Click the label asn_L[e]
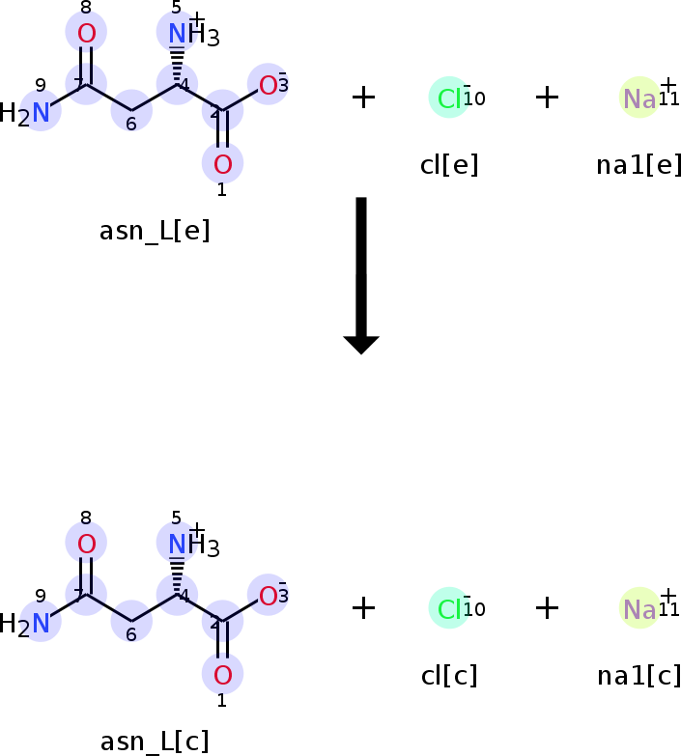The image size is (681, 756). click(155, 232)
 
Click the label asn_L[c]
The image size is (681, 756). click(155, 742)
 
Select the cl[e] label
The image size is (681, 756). click(449, 165)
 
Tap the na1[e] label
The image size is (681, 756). click(638, 165)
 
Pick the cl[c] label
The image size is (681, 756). click(449, 676)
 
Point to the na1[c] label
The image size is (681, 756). click(638, 676)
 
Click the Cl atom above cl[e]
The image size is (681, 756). click(450, 98)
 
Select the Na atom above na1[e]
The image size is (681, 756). click(639, 98)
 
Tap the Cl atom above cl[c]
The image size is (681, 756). click(450, 608)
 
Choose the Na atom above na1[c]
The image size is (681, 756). click(639, 608)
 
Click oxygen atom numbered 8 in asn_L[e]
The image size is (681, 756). click(86, 34)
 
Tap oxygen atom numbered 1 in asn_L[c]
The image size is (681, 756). click(222, 674)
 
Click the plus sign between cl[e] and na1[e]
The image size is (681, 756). click(547, 97)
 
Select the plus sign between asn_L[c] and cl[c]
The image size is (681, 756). click(363, 607)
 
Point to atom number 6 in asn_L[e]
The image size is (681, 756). click(131, 114)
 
